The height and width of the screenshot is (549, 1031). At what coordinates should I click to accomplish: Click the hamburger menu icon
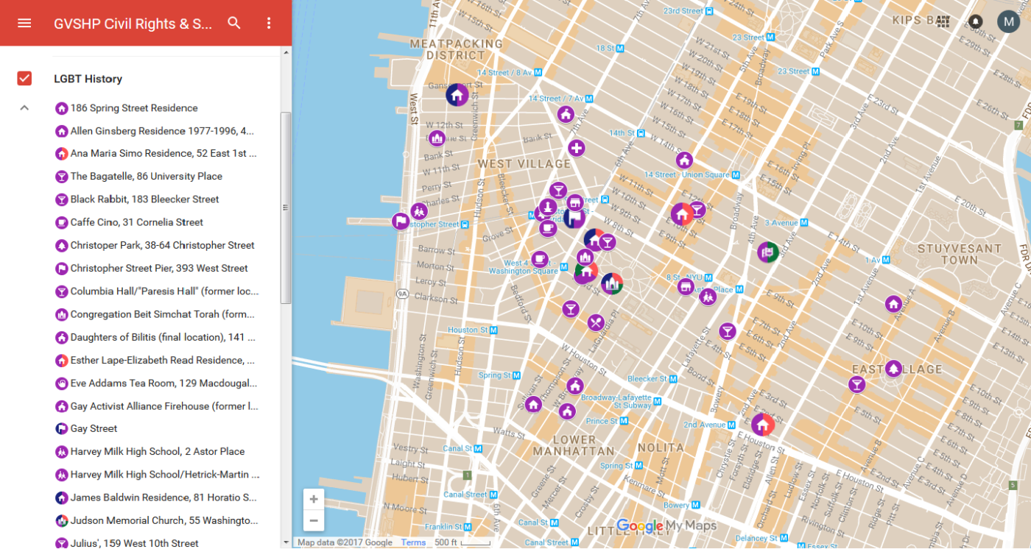(x=24, y=23)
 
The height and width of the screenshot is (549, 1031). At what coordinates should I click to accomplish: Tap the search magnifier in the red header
(x=234, y=23)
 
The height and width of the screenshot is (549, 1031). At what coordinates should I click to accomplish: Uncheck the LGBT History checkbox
(x=24, y=79)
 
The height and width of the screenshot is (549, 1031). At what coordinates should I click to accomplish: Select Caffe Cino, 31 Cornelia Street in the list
(x=136, y=222)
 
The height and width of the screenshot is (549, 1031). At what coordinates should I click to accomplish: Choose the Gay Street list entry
(x=94, y=428)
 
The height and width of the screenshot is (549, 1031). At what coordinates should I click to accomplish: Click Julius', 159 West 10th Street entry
(x=134, y=543)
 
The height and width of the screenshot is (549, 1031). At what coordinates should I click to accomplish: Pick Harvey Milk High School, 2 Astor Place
(x=157, y=452)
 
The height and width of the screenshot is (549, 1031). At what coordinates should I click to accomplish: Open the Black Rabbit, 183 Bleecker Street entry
(x=144, y=199)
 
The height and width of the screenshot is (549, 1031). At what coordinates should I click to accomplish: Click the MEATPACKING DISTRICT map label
(x=456, y=49)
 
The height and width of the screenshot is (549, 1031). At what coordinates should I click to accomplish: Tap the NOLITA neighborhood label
(x=661, y=447)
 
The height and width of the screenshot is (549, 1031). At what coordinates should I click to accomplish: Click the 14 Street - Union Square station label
(x=686, y=174)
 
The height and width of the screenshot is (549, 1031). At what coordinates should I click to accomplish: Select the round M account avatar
(x=1008, y=21)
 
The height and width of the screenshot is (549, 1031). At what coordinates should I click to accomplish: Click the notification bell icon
(x=975, y=21)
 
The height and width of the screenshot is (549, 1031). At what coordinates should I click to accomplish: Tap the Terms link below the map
(x=413, y=542)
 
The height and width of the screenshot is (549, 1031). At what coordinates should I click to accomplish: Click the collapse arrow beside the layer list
(x=24, y=108)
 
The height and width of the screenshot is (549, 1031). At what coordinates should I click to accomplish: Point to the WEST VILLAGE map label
(x=524, y=163)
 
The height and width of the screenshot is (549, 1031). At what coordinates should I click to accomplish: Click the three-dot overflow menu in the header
(x=269, y=23)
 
